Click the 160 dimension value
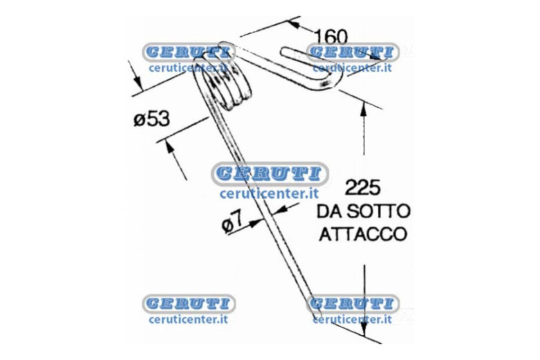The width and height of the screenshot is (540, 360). [332, 37]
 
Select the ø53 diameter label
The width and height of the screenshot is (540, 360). [152, 119]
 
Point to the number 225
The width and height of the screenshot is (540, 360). [362, 188]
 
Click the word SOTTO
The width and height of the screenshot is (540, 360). [379, 211]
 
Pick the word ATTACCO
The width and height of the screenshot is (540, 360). [363, 234]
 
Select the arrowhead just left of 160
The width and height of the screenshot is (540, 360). [294, 24]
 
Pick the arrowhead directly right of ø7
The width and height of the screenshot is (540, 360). [255, 223]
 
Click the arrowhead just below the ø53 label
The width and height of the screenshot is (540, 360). [168, 146]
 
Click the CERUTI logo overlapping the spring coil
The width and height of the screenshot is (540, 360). [189, 53]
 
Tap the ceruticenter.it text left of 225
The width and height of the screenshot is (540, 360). [269, 194]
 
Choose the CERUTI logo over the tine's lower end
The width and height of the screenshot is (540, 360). [352, 303]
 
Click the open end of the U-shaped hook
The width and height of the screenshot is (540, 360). [285, 52]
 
